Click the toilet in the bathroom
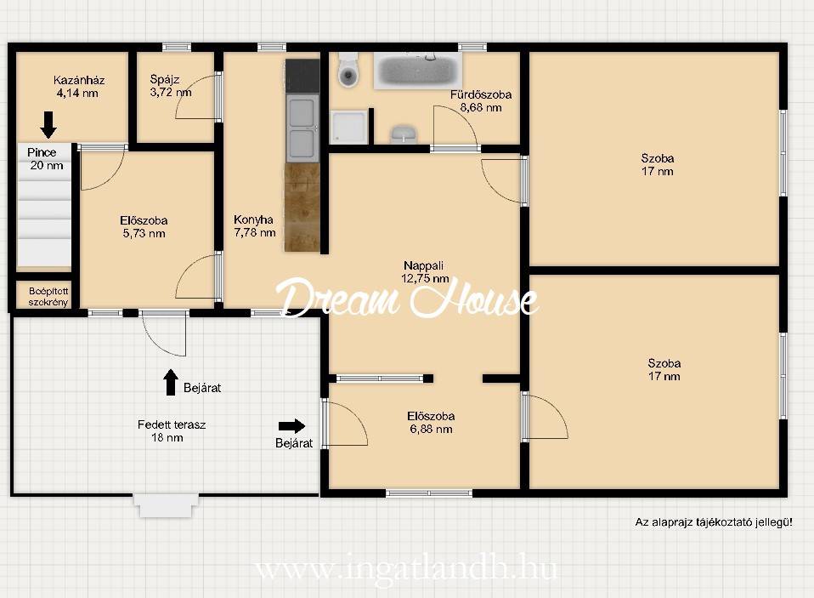tap(348, 70)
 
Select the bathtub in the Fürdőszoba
tap(417, 71)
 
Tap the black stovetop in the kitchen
tap(302, 76)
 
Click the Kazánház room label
tap(78, 87)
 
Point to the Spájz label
tap(170, 86)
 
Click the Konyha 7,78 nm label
tap(254, 226)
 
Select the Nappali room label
tap(424, 271)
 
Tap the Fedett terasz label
tap(172, 430)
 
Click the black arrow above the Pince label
tap(48, 125)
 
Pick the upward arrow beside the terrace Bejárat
tap(171, 383)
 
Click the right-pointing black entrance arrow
tap(291, 426)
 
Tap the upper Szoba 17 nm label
tap(657, 165)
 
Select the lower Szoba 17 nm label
tap(664, 369)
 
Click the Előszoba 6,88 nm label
tap(431, 423)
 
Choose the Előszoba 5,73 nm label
tap(144, 227)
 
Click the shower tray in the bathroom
tap(349, 127)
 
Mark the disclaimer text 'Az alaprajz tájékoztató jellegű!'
tap(713, 522)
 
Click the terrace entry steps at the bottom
tap(167, 505)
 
